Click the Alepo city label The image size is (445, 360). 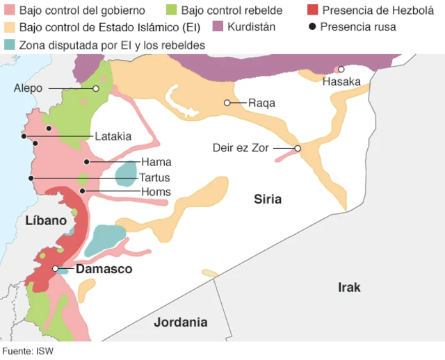click(28, 89)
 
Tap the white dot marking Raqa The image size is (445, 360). click(227, 103)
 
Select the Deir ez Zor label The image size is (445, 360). click(241, 148)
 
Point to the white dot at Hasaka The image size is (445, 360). click(341, 69)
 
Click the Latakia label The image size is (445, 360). click(113, 136)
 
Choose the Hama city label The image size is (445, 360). click(156, 162)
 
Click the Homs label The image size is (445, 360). click(156, 192)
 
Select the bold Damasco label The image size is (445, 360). click(104, 269)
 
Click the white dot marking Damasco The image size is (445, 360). click(56, 268)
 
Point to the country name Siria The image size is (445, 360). click(268, 199)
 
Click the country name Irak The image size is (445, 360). click(349, 287)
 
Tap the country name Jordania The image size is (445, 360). click(181, 322)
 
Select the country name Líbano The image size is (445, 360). click(46, 220)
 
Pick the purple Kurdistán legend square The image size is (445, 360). click(218, 26)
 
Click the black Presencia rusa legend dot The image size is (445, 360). click(312, 26)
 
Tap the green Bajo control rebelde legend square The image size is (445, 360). click(172, 10)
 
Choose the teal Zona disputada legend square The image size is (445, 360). click(9, 44)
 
